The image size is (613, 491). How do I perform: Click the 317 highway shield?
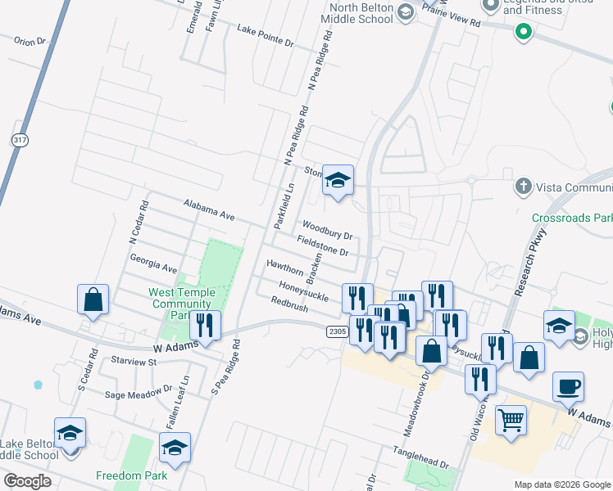point(20,140)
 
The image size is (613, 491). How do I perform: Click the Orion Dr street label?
point(30,40)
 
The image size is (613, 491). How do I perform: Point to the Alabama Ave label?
point(209,209)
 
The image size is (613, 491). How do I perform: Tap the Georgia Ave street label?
point(153,263)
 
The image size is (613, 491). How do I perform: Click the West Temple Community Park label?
point(182,304)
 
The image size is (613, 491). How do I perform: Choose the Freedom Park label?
point(131,475)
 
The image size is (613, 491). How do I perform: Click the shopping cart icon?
point(511,421)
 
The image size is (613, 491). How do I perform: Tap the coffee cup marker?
point(568,387)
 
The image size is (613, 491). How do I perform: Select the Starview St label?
point(133,361)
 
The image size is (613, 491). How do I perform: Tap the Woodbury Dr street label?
point(326,229)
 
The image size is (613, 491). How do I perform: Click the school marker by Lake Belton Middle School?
point(70,433)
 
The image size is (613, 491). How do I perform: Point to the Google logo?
point(28,481)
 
